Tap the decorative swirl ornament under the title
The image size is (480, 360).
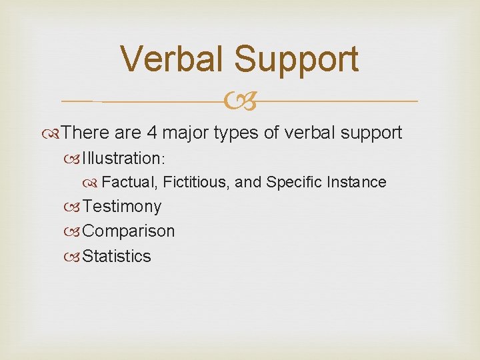(x=239, y=101)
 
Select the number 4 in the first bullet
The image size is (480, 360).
(x=151, y=133)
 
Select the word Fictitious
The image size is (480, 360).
(x=196, y=182)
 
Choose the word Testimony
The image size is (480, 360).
(x=122, y=207)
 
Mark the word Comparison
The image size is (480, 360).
(x=129, y=232)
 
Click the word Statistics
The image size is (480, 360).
(x=117, y=256)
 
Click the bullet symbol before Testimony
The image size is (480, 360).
(x=75, y=207)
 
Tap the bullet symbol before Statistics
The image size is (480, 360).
(x=75, y=257)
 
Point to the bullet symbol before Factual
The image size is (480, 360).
(x=95, y=183)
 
